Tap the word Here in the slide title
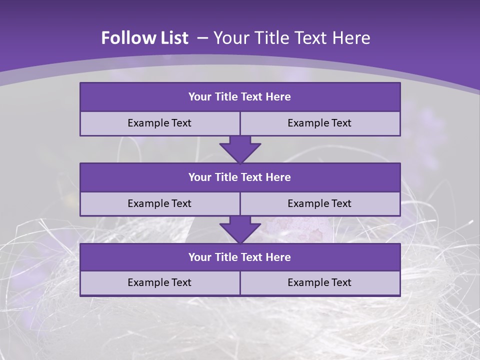tap(351, 38)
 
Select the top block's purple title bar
tap(240, 97)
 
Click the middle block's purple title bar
tap(240, 177)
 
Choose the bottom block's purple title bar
tap(240, 257)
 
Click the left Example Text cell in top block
tap(160, 123)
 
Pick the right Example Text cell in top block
tap(320, 123)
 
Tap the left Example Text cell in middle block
tap(160, 203)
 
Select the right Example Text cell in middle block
tap(320, 203)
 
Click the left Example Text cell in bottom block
tap(160, 282)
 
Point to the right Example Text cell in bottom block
tap(320, 282)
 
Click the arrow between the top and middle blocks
tap(240, 149)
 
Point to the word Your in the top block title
tap(200, 97)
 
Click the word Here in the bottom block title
tap(278, 257)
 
